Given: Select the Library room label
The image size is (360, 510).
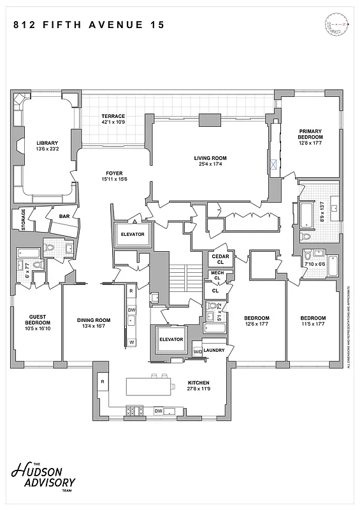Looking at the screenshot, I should (x=47, y=142).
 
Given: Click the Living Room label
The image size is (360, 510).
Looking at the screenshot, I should (x=210, y=158).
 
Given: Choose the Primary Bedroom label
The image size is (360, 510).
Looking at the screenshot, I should (x=311, y=134).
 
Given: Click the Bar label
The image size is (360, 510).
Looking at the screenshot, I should (x=64, y=216).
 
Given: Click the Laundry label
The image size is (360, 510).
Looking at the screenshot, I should (x=215, y=350).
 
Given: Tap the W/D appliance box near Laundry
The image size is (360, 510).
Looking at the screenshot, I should (x=198, y=351).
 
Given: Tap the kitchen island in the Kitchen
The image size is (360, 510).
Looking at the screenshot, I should (x=150, y=386).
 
